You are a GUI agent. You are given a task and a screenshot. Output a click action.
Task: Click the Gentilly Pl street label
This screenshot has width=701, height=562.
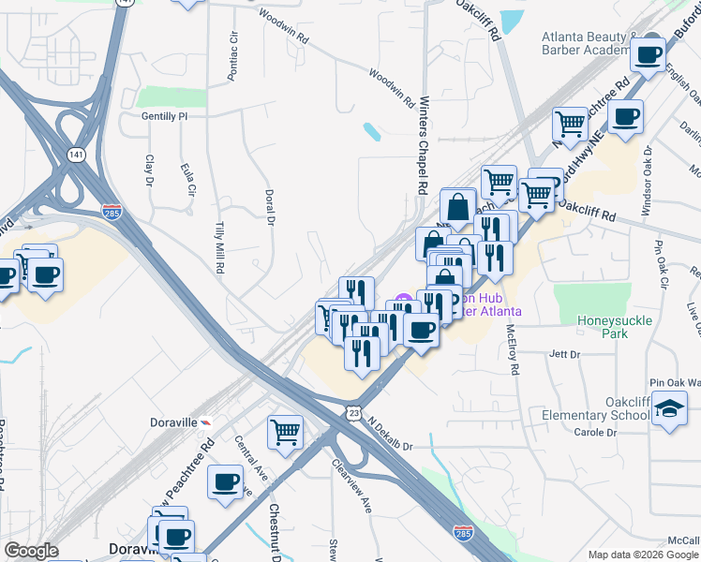(x=164, y=115)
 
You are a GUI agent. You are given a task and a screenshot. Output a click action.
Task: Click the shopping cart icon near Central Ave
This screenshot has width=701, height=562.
(x=285, y=432)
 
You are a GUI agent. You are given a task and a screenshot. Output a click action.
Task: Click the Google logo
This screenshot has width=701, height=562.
(x=32, y=551)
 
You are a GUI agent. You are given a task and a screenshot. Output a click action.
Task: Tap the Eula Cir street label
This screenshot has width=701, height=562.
(x=191, y=175)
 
